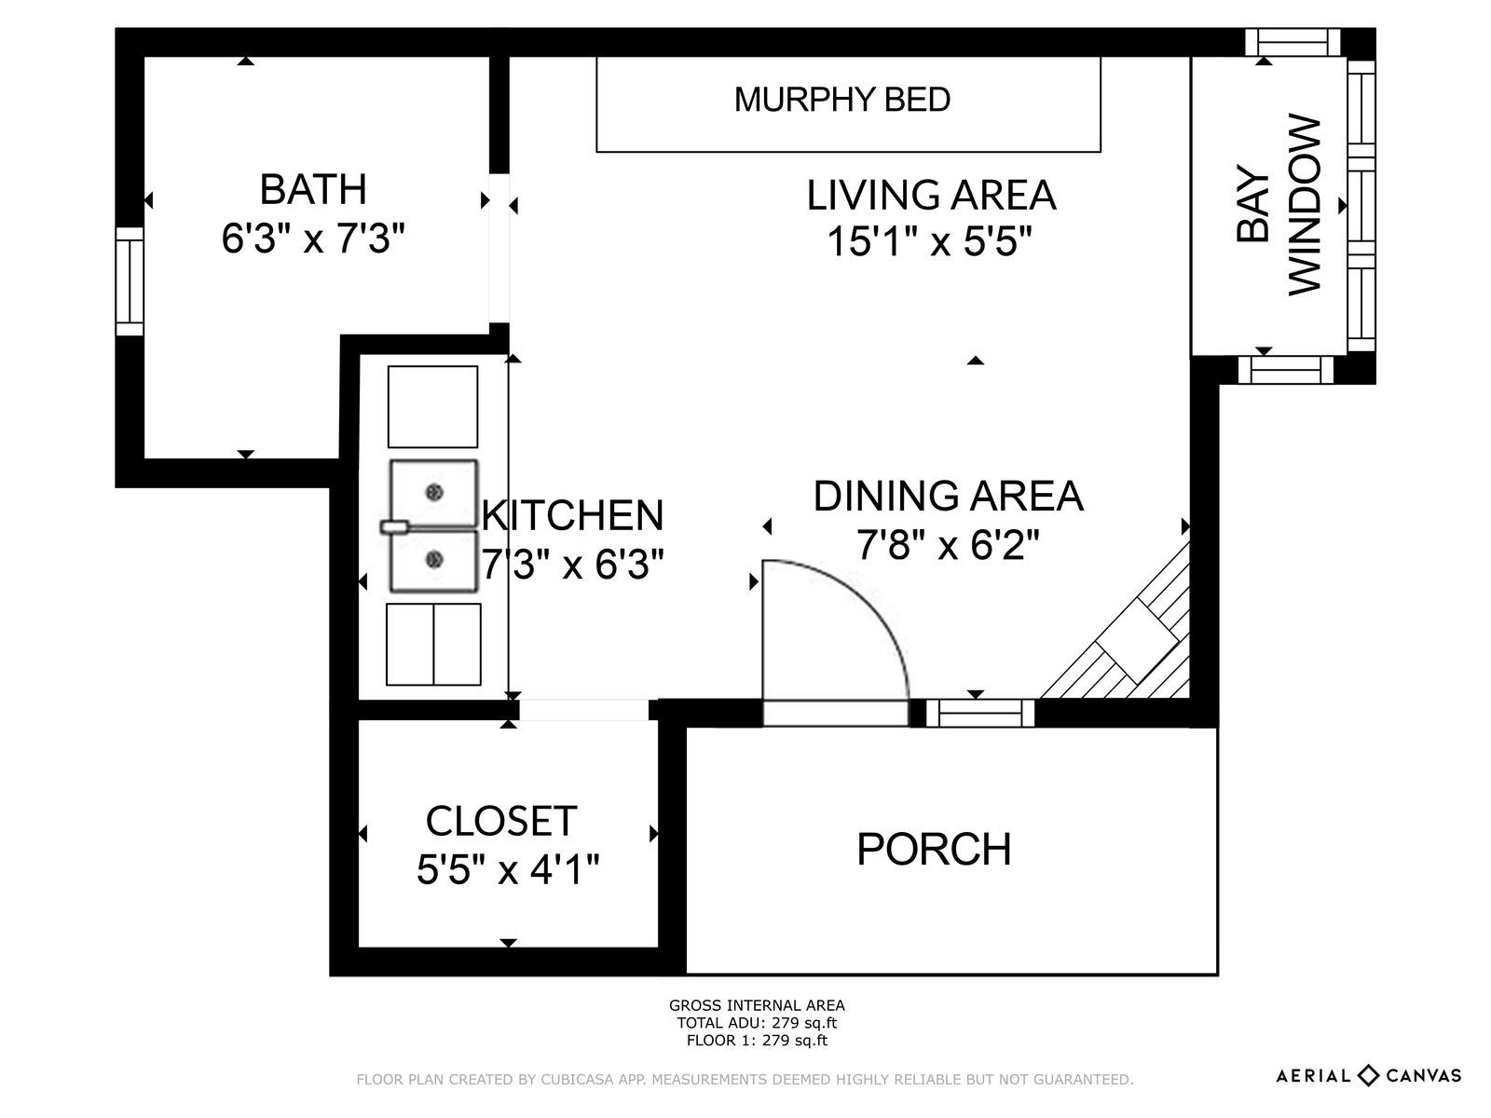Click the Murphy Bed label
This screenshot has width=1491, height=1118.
(x=842, y=100)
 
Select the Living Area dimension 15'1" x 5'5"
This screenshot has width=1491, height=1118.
(x=929, y=241)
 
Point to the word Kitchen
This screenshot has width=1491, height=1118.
(x=572, y=515)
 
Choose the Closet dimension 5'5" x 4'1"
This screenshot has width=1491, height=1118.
(x=508, y=869)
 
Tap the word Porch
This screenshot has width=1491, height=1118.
(x=934, y=849)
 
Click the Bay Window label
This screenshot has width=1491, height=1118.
(x=1279, y=205)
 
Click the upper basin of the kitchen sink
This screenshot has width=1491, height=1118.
(x=433, y=494)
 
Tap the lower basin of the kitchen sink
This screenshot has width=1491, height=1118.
(x=433, y=561)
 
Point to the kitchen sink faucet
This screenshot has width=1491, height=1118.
(x=395, y=527)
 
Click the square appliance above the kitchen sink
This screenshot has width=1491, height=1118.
(x=432, y=406)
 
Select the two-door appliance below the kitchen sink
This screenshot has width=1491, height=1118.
(x=433, y=644)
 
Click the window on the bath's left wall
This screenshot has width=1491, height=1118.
(x=129, y=281)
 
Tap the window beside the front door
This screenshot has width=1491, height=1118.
(x=980, y=714)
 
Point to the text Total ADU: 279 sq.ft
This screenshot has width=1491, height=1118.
(x=757, y=1023)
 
